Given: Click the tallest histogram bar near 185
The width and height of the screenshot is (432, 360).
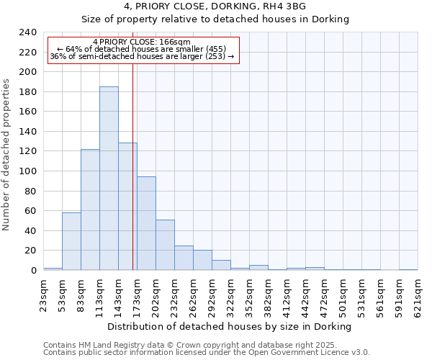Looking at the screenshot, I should tap(109, 179).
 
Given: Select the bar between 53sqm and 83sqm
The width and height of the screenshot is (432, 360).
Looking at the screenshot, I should tap(71, 241).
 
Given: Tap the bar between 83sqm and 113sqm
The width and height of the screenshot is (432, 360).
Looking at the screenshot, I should tap(90, 210).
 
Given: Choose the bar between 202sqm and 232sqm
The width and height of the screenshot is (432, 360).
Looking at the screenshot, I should tap(165, 245).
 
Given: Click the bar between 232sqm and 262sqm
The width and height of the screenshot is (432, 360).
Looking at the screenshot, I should tap(184, 258).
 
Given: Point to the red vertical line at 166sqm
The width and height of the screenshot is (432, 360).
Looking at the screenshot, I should tap(132, 180).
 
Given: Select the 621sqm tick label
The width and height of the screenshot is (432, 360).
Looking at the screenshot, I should tap(418, 296).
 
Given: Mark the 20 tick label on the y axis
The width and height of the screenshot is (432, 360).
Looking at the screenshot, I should tap(30, 251).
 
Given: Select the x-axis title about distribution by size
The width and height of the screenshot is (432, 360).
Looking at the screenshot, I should tap(230, 326).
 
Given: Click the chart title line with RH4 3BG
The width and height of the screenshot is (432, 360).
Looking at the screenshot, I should tap(215, 6).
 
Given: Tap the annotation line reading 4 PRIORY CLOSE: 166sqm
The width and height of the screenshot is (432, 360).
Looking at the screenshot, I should tap(142, 42).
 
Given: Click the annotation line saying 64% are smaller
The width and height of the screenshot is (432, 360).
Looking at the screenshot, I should tap(142, 49).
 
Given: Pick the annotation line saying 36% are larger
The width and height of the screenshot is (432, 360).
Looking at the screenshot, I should tap(142, 56).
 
